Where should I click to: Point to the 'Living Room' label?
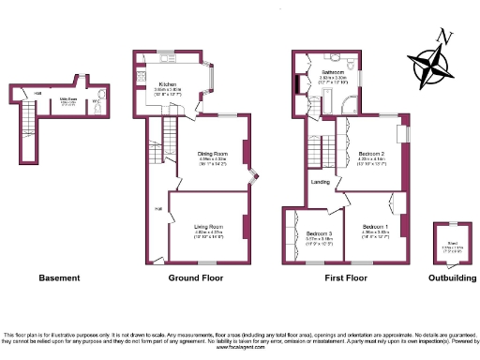207,226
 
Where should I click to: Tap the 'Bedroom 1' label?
376,226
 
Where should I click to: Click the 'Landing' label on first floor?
319,182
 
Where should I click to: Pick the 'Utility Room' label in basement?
69,97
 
